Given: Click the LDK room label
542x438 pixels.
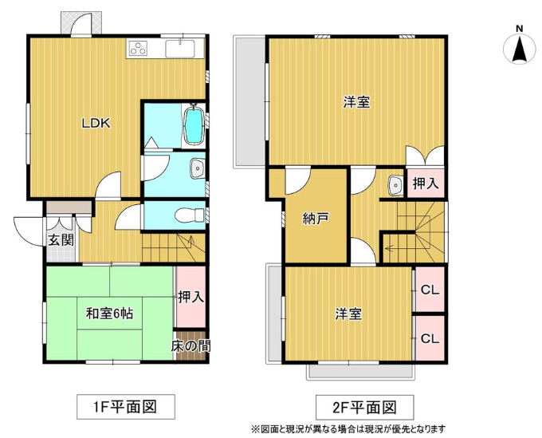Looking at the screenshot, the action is (96, 123).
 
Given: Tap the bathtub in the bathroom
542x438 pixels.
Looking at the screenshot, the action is (193, 125).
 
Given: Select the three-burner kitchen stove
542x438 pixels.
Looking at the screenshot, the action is (139, 48).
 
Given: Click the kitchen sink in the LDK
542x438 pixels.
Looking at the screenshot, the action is (180, 49).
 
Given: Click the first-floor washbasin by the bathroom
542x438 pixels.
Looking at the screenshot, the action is (198, 169).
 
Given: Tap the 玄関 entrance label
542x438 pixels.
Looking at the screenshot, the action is (61, 239).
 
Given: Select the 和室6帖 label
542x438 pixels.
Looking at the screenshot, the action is (109, 314).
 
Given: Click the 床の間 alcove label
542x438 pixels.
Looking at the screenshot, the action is (190, 345).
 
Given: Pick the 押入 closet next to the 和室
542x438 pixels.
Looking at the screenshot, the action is (191, 297).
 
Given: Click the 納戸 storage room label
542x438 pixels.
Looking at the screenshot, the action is (316, 218).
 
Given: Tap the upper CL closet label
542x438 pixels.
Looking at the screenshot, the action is (430, 290).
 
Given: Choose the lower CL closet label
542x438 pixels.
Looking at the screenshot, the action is (430, 338).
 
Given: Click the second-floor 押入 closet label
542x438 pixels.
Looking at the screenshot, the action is (426, 183).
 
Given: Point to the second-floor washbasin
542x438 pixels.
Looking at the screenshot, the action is (395, 185).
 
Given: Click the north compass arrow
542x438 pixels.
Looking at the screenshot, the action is (519, 49).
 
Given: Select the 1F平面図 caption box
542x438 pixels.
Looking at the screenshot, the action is (125, 407).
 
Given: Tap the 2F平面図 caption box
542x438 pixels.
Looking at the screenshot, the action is (365, 407).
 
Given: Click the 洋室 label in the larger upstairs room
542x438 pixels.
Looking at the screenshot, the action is (357, 102).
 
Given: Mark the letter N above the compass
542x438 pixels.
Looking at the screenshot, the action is (519, 29).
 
